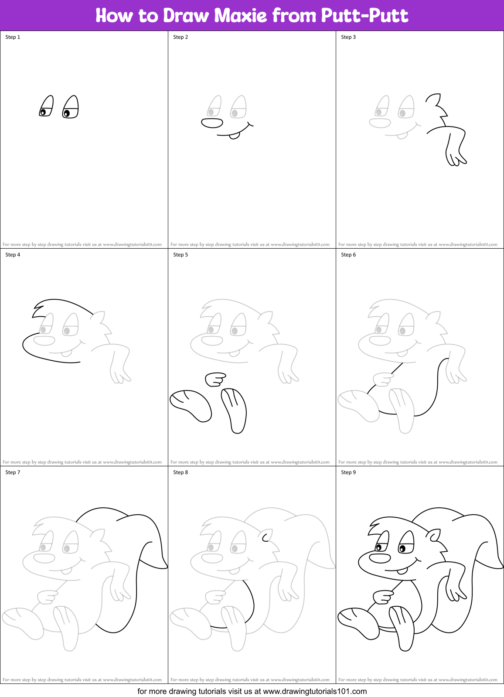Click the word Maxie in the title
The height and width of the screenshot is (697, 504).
point(240,16)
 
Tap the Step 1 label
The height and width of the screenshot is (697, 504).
point(13,37)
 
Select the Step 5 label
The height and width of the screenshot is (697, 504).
point(180,255)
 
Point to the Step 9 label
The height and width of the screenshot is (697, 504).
point(348,472)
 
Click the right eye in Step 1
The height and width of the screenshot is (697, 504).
point(71,108)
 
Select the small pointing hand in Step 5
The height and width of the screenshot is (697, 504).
point(215,379)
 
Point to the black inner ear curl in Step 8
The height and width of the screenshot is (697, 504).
point(265,537)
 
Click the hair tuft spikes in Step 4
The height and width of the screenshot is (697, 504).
point(37,309)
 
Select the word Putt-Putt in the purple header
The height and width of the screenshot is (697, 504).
point(364,16)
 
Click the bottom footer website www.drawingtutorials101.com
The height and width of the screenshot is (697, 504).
point(315,691)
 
